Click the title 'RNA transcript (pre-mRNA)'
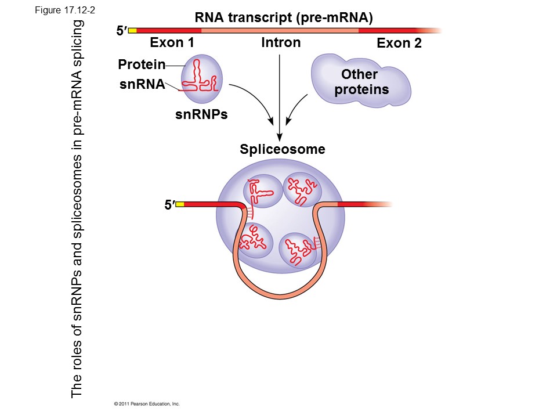tap(283, 18)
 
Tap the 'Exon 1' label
tap(172, 42)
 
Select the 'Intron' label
tap(281, 42)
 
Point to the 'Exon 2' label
tap(399, 43)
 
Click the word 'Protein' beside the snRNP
tap(142, 64)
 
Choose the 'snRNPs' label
tap(201, 114)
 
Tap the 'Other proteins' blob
tap(360, 82)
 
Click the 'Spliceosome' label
tap(283, 149)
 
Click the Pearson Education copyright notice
tap(147, 403)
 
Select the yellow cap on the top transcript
tap(132, 30)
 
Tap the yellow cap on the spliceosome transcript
tap(179, 204)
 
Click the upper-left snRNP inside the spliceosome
tap(261, 192)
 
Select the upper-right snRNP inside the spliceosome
tap(302, 189)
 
